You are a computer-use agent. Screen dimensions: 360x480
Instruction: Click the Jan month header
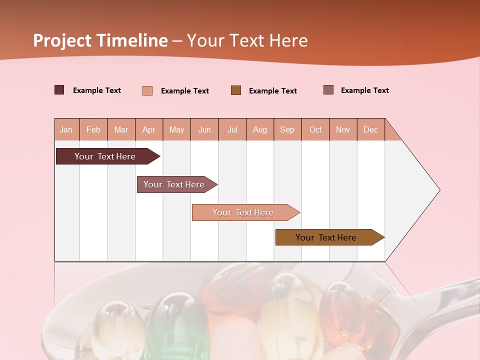click(66, 129)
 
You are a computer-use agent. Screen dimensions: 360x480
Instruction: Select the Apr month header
click(148, 129)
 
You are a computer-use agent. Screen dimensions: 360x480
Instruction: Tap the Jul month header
click(232, 129)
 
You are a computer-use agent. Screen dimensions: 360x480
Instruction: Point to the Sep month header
click(287, 129)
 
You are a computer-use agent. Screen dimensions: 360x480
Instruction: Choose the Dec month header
click(370, 129)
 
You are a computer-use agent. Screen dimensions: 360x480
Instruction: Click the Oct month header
click(315, 129)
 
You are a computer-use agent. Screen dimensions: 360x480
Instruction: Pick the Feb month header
click(93, 129)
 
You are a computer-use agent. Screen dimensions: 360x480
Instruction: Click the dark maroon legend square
click(59, 90)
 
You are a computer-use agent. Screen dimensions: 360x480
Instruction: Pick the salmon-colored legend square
click(147, 90)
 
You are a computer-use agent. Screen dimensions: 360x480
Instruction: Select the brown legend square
click(236, 90)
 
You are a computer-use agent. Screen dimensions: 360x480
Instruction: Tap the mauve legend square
click(328, 90)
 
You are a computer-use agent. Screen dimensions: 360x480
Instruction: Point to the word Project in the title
click(62, 40)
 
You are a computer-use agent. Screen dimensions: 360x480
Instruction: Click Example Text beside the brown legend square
click(272, 91)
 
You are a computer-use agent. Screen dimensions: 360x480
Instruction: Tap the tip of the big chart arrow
click(438, 190)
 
